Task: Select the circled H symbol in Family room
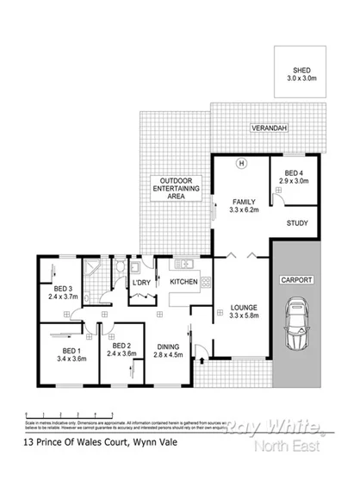241,163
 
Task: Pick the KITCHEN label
185,282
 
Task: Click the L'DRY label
141,282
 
